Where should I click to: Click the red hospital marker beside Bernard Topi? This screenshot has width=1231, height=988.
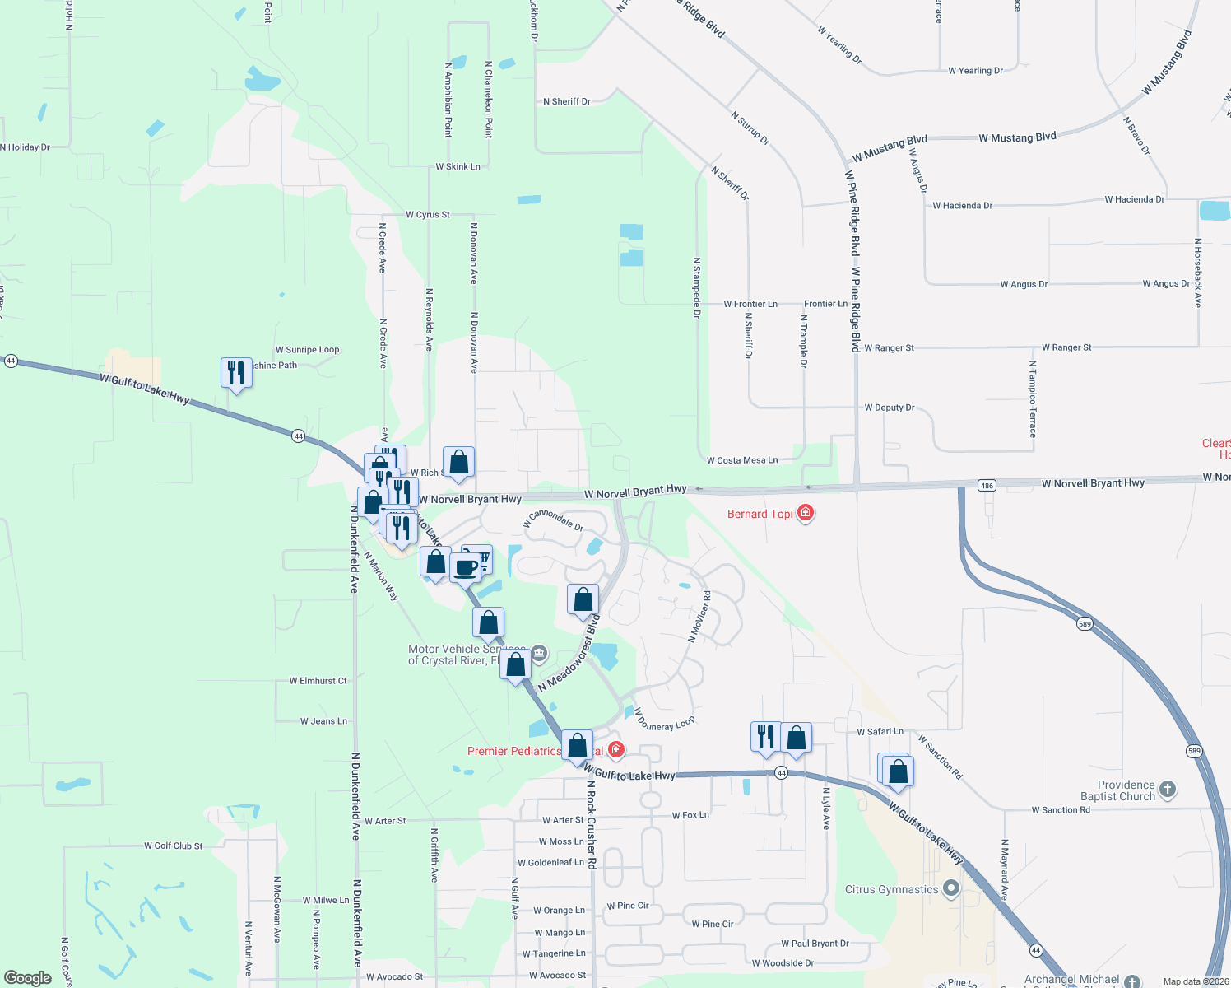(806, 514)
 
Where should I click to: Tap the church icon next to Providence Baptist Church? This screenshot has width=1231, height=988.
(1167, 790)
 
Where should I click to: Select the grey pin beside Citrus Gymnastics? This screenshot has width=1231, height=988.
(951, 889)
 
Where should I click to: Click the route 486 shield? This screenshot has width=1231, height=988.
(987, 486)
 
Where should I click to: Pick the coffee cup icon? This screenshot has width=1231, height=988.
(466, 567)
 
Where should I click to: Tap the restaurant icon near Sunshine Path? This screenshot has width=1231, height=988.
(236, 373)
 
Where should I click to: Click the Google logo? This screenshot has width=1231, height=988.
(28, 978)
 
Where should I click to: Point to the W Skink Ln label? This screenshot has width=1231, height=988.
(458, 167)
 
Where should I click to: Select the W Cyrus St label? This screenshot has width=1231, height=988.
(427, 215)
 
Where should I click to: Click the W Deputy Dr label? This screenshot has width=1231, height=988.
(889, 408)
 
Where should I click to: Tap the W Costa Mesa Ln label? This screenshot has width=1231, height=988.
(741, 460)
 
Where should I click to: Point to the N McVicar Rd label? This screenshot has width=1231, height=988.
(699, 616)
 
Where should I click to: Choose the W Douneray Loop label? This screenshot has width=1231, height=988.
(664, 720)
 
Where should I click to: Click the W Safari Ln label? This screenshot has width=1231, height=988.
(880, 731)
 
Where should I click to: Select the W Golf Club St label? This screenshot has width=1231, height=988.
(173, 846)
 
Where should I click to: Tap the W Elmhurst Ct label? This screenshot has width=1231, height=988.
(318, 681)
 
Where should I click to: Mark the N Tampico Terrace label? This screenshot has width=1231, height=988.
(1033, 398)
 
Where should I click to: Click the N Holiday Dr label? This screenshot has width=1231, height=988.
(26, 147)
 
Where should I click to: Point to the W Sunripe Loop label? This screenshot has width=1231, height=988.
(307, 350)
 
